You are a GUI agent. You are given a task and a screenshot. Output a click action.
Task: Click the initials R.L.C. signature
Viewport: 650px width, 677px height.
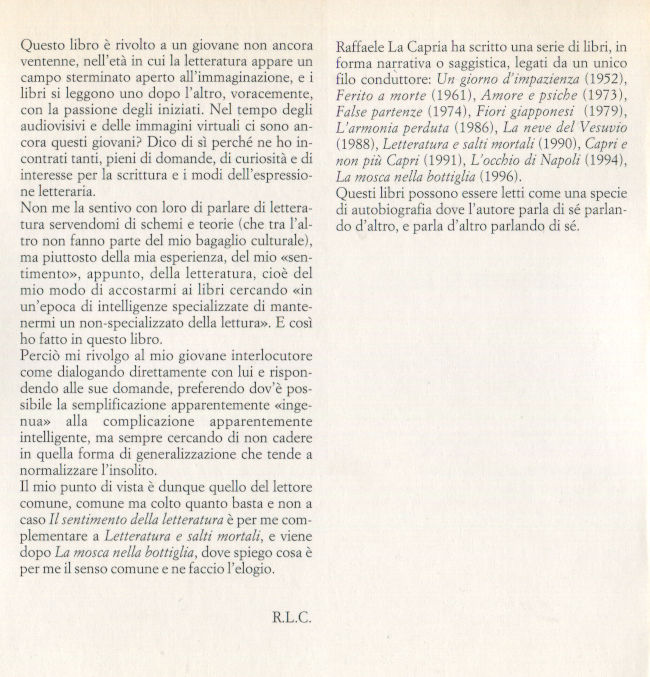pyautogui.click(x=291, y=616)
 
